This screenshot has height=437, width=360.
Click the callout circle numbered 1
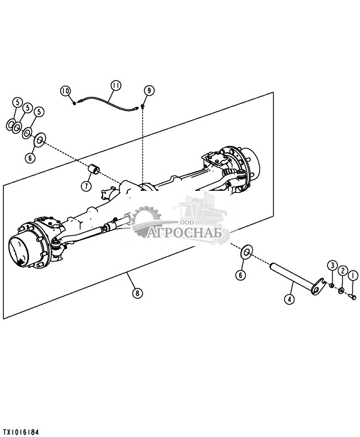coord(352,276)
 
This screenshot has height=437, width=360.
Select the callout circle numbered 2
coord(342,271)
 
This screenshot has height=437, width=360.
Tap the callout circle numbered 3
coord(332,265)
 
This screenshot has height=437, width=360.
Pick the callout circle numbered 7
coord(86,185)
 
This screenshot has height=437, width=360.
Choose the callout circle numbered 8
coord(137,293)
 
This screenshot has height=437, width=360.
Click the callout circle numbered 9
coord(149,90)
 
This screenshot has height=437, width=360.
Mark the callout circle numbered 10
coord(65,91)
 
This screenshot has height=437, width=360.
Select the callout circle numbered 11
coord(116,85)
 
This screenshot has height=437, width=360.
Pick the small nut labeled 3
coord(331,286)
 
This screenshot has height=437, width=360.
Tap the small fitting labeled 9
coord(143,106)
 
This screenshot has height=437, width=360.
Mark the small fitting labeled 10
coord(75,103)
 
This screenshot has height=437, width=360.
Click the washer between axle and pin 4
coord(246,252)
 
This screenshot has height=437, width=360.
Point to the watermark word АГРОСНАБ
coord(184,232)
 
